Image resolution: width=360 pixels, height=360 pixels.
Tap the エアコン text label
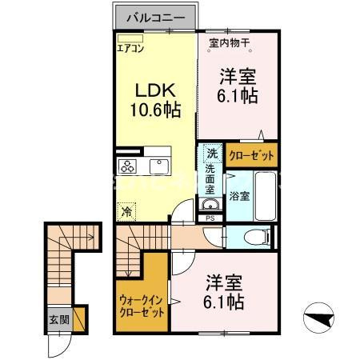pyautogui.click(x=130, y=48)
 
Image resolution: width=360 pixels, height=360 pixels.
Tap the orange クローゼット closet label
pyautogui.click(x=252, y=156)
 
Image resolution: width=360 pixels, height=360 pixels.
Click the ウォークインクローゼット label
pyautogui.click(x=141, y=306)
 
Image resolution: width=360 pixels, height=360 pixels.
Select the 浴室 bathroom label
pyautogui.click(x=239, y=194)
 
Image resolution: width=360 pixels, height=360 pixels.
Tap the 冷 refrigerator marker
pyautogui.click(x=126, y=212)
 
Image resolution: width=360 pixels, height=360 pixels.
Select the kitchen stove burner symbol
pyautogui.click(x=127, y=166)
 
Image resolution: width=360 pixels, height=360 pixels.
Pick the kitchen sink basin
pyautogui.click(x=156, y=166)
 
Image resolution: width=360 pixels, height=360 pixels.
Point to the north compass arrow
pyautogui.click(x=324, y=321)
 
